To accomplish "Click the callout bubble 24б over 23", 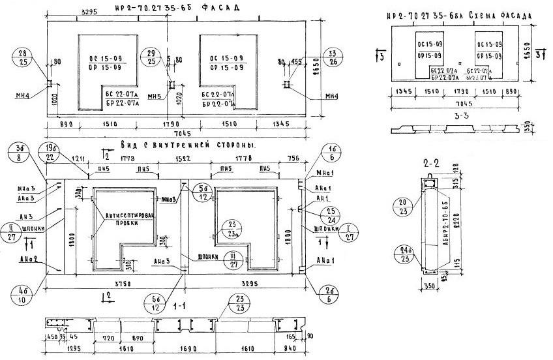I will [x=409, y=252].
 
